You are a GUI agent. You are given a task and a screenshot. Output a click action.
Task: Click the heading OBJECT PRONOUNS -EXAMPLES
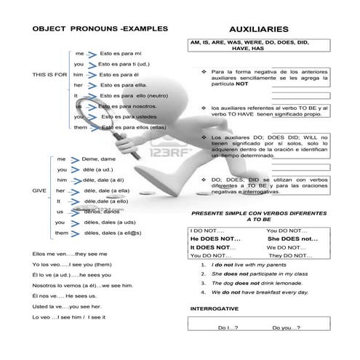click(x=100, y=28)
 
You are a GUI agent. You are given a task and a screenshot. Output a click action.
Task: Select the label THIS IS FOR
click(x=49, y=75)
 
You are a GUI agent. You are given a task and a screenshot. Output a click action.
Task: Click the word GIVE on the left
click(x=39, y=190)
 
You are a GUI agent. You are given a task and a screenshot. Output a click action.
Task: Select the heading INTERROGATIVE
click(x=214, y=308)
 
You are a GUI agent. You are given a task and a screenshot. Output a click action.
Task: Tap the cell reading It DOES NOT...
click(x=210, y=247)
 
